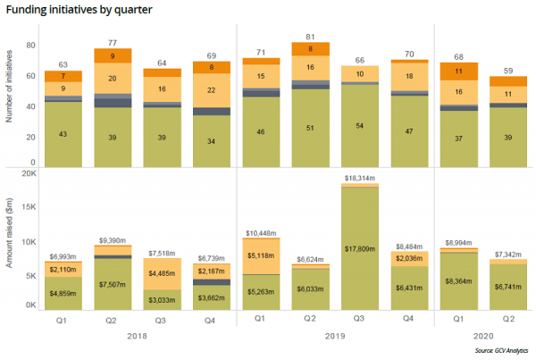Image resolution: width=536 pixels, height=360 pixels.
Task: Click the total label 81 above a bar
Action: click(309, 38)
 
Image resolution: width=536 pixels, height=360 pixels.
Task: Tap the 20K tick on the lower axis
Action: click(29, 174)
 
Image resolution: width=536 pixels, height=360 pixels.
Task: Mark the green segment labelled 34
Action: click(213, 141)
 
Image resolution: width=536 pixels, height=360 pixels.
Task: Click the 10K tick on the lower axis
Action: click(29, 241)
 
